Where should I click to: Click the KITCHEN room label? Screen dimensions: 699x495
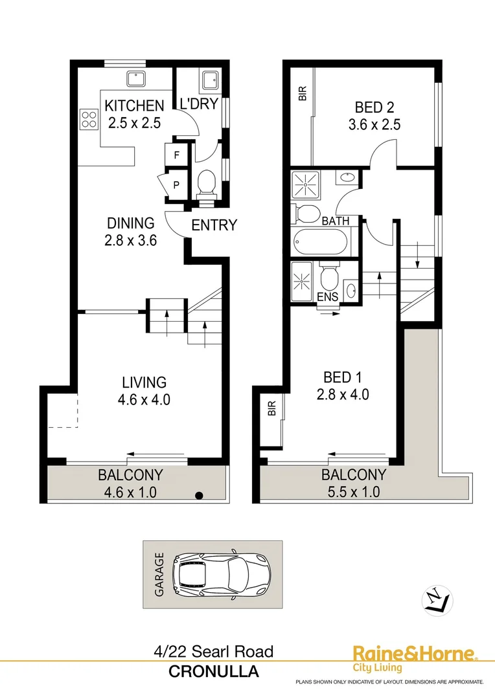[135, 105]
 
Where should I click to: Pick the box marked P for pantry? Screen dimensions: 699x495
[176, 185]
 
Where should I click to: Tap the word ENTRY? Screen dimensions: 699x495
[214, 225]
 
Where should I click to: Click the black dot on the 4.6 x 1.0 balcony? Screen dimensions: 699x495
[200, 496]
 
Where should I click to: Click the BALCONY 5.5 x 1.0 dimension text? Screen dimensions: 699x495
[354, 491]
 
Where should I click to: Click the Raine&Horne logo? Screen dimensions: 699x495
[413, 654]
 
